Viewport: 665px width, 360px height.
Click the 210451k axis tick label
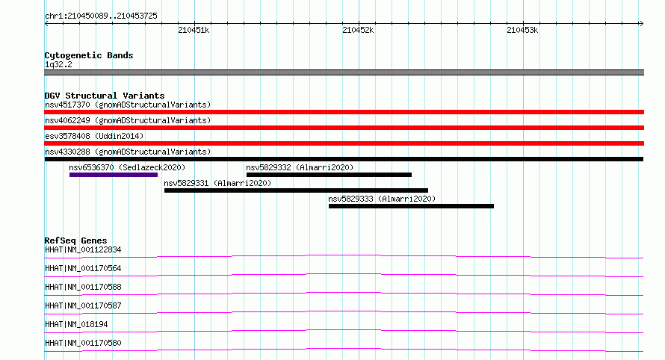(x=194, y=30)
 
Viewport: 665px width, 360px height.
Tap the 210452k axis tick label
(x=358, y=30)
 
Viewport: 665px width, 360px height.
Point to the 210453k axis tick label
(x=522, y=30)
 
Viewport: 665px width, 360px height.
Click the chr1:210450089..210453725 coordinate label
(x=101, y=16)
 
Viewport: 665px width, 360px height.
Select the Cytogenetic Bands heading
(x=89, y=55)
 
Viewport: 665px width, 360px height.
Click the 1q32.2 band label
(x=58, y=64)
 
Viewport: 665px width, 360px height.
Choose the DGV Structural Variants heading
(x=105, y=96)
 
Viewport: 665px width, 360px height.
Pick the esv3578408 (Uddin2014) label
(x=94, y=136)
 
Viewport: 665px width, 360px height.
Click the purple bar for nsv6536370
(x=114, y=175)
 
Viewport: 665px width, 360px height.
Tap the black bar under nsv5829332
(x=329, y=175)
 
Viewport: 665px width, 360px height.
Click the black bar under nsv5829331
(x=296, y=190)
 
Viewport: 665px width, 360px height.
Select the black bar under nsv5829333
(x=412, y=206)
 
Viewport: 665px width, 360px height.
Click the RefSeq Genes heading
(x=75, y=240)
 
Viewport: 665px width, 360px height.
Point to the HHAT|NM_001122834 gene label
(x=83, y=249)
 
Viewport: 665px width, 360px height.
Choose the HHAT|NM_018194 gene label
(x=76, y=324)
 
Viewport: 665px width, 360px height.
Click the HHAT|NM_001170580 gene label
(x=83, y=343)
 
